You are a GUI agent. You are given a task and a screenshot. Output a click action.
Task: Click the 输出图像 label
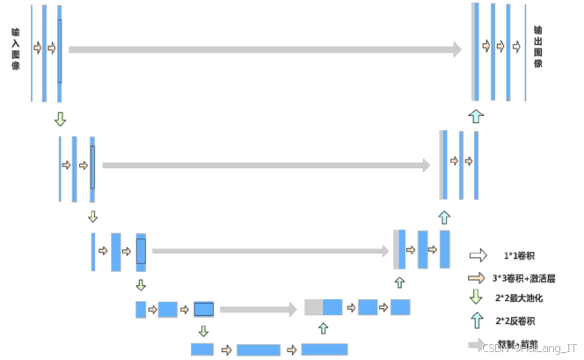coord(537,47)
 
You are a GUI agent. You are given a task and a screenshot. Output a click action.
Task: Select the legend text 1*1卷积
coord(519,256)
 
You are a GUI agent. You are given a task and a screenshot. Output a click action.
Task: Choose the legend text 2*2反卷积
coord(516,321)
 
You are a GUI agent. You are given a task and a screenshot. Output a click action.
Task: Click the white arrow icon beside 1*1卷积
coord(478,256)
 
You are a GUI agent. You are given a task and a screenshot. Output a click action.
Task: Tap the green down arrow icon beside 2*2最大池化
coord(477,298)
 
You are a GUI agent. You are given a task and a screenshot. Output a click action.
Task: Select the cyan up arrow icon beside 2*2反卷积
coord(477,320)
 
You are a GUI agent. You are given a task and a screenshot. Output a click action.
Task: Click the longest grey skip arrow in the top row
coord(264,49)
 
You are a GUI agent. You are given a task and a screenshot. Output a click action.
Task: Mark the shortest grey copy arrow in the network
coord(258,309)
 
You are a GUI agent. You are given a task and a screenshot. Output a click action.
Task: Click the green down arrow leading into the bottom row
coord(203,331)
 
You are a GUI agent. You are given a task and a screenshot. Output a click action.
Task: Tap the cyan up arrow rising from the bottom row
coord(323,328)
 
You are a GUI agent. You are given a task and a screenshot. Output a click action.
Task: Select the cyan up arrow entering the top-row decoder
coord(476,115)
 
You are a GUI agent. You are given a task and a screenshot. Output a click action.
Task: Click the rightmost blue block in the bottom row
coord(325,349)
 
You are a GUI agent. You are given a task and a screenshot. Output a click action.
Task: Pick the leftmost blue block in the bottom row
coord(202,349)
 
